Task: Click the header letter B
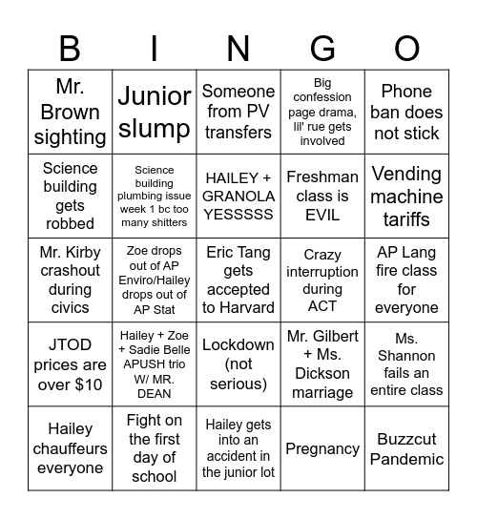pos(70,47)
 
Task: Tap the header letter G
pos(322,47)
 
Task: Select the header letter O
pos(406,47)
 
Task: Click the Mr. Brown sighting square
pos(71,112)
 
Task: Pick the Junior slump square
pos(155,112)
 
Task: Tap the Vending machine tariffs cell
pos(406,197)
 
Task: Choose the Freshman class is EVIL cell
pos(322,197)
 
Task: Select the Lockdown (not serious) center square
pos(238,364)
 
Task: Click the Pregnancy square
pos(322,448)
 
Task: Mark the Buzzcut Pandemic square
pos(406,448)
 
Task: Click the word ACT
pos(322,305)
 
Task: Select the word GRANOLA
pos(238,197)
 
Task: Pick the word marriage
pos(322,392)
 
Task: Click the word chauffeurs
pos(71,448)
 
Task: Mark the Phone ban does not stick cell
pos(406,112)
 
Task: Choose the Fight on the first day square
pos(155,448)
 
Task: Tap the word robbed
pos(71,223)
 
